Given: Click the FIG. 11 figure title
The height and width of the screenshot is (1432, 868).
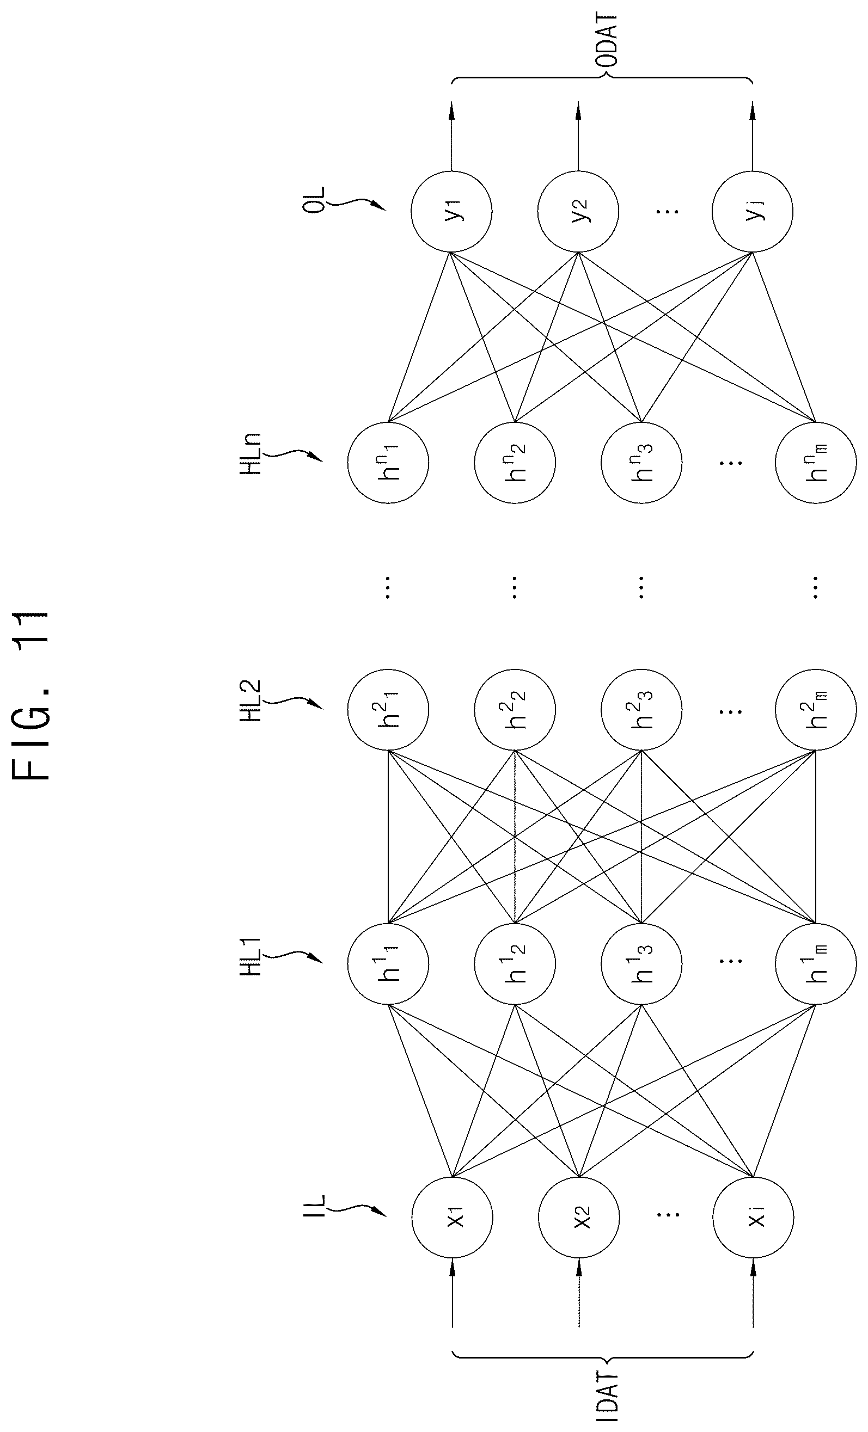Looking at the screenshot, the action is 33,694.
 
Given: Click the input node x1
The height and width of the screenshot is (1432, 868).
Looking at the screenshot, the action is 453,1218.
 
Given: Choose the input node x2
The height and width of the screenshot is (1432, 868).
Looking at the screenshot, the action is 579,1218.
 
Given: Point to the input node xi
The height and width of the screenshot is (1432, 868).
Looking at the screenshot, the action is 754,1218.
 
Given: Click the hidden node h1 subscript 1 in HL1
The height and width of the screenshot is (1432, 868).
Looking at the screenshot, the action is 388,963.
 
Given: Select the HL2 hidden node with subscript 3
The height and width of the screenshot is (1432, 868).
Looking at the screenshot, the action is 641,710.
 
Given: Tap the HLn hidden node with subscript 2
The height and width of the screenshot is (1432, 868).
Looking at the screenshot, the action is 515,462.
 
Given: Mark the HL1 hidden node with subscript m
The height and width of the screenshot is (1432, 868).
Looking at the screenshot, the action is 815,963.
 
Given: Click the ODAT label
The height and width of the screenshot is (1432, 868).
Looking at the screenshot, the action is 607,43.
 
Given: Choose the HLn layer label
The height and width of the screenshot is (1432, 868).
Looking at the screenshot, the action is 251,454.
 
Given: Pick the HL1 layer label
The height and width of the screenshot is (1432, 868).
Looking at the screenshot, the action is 251,955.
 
